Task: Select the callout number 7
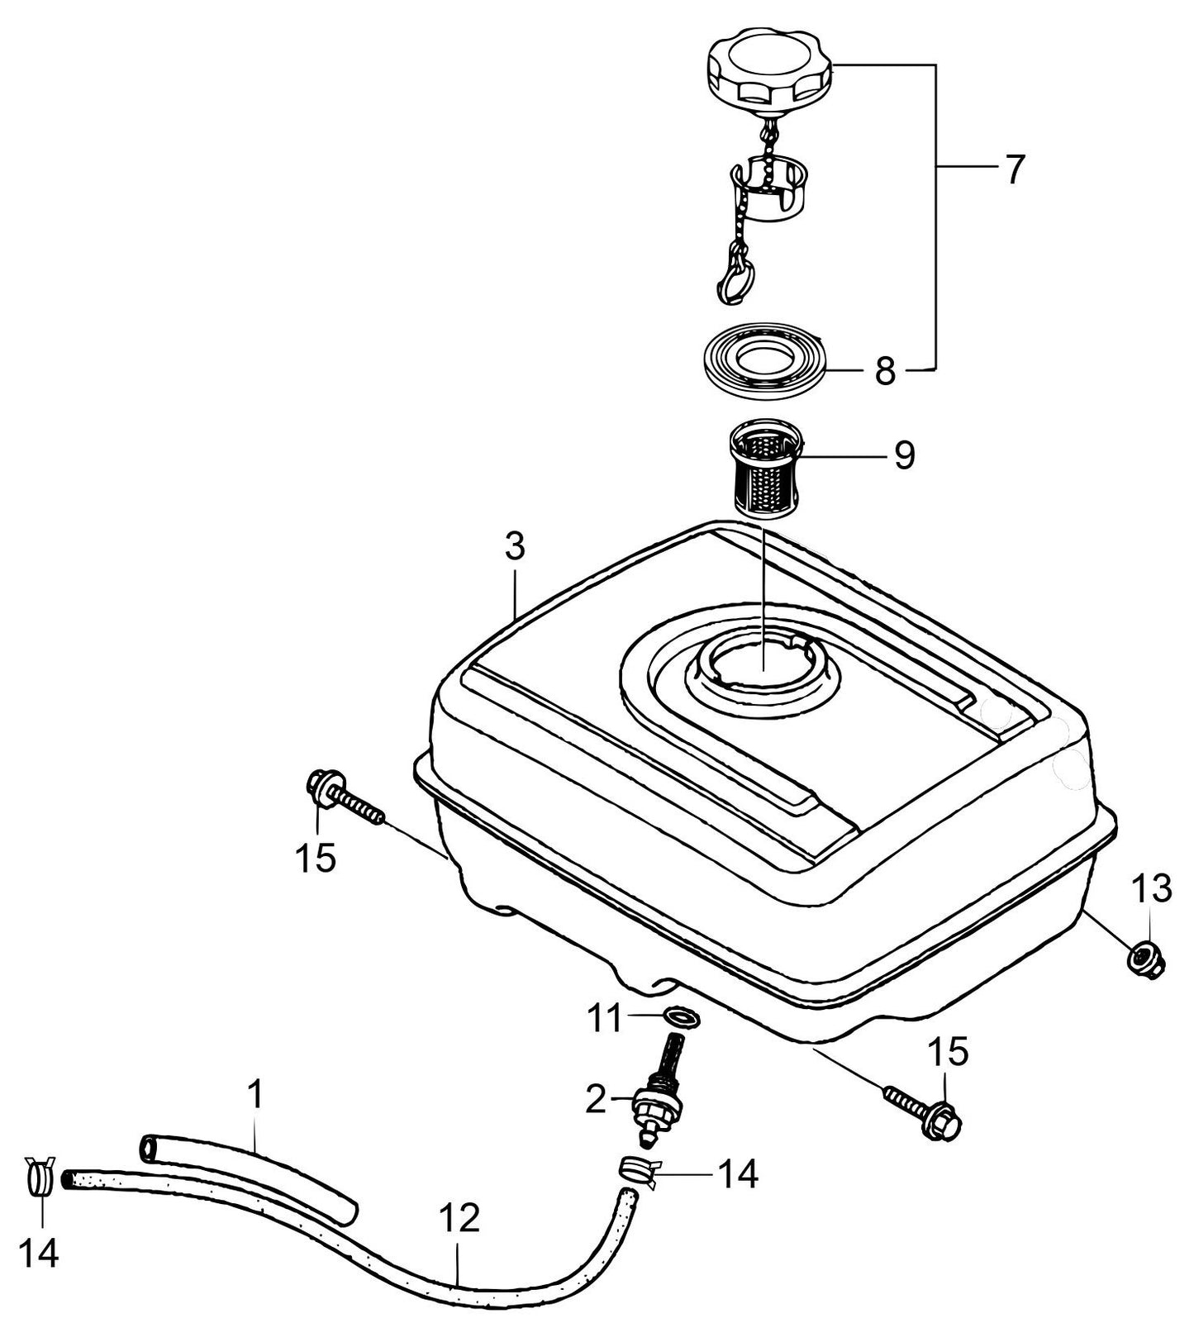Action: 1013,169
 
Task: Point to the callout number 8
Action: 885,372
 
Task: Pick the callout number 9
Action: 905,454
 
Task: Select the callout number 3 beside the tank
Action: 515,548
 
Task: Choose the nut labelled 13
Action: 1145,959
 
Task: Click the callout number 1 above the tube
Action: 256,1095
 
